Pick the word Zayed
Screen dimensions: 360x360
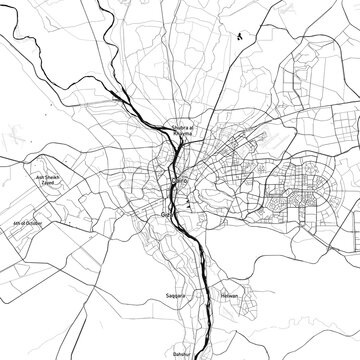pyautogui.click(x=53, y=181)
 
